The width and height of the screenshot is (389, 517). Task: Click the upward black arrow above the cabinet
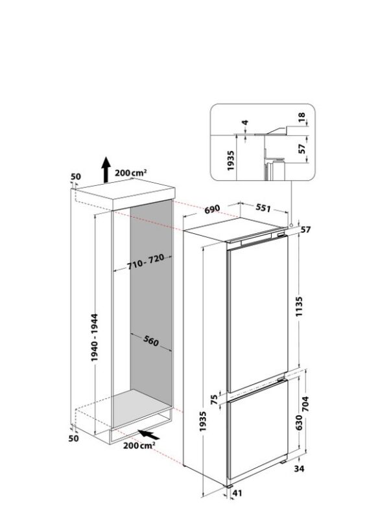105,172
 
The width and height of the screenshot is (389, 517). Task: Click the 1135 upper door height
299,303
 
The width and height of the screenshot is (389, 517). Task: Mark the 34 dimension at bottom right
299,468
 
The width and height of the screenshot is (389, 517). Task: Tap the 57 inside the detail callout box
302,149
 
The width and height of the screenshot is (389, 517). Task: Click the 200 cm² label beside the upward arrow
131,172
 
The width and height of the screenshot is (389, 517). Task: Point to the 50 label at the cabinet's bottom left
74,439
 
